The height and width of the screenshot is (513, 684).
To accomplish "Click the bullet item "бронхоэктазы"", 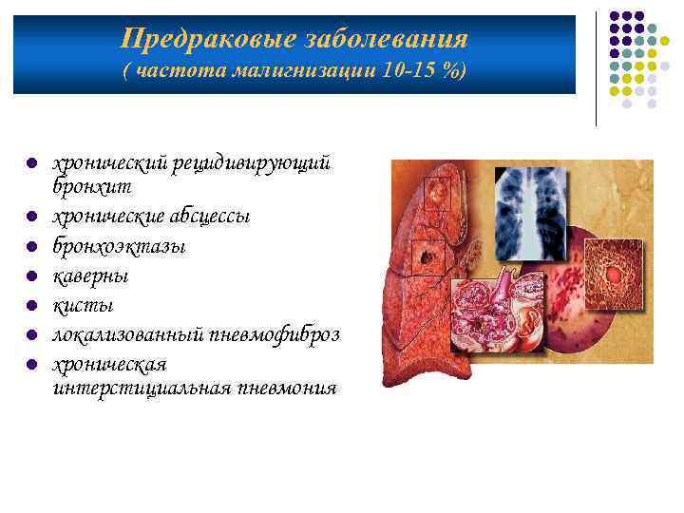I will point(119,246).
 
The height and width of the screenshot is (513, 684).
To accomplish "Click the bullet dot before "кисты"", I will point(31,306).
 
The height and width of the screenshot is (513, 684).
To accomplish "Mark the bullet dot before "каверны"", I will point(31,276).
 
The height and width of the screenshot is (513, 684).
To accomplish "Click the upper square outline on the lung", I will point(437,194).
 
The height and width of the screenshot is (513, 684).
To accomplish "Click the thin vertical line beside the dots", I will point(596,66).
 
